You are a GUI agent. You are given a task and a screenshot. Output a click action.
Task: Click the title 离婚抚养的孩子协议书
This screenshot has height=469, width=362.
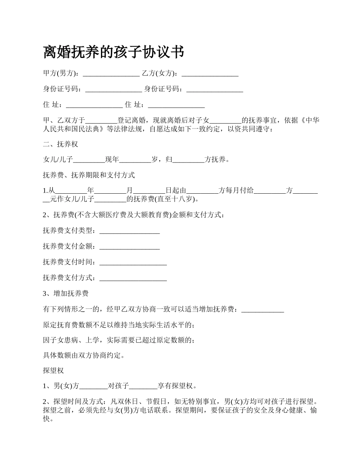(x=114, y=52)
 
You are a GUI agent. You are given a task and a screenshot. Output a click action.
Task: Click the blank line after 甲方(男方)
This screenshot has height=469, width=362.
(x=111, y=74)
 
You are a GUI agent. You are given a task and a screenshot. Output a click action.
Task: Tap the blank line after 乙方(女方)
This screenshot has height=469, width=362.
(x=210, y=74)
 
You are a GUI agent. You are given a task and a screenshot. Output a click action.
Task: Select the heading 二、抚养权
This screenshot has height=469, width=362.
(x=61, y=144)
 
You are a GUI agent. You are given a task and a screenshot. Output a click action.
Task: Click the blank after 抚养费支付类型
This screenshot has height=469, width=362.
(x=129, y=231)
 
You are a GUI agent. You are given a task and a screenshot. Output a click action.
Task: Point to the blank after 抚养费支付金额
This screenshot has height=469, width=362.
(x=129, y=247)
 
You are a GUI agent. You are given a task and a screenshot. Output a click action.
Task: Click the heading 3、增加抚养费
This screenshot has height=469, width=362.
(x=66, y=293)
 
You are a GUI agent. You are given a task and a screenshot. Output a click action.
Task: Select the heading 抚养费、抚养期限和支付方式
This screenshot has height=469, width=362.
(x=89, y=175)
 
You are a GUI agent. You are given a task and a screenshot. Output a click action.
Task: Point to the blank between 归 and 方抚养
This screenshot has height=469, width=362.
(x=189, y=160)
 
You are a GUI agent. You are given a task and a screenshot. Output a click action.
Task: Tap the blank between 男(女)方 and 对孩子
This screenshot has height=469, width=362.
(x=93, y=386)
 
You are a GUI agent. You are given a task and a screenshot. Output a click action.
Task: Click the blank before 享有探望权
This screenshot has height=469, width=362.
(x=143, y=386)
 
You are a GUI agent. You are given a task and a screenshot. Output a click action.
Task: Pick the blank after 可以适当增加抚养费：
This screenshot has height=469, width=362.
(x=263, y=309)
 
